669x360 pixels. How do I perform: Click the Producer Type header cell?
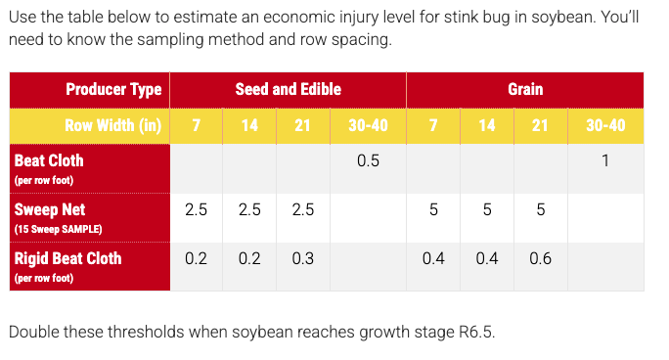tap(113, 90)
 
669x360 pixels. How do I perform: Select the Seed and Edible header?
tap(289, 90)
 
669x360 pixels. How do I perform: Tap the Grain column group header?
tap(525, 90)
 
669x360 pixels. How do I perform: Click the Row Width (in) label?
tap(112, 126)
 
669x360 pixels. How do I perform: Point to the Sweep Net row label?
tap(49, 209)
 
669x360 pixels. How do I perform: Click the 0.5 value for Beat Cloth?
tap(368, 161)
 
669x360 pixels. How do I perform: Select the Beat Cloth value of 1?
tap(605, 161)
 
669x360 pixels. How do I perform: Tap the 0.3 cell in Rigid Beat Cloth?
tap(303, 259)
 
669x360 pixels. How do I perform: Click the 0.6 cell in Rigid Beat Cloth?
tap(540, 259)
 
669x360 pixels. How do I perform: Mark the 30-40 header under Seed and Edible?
tap(368, 126)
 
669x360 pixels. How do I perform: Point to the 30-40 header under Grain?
tap(605, 126)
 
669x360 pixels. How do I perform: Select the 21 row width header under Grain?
tap(540, 126)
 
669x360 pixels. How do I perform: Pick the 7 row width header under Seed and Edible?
tap(197, 126)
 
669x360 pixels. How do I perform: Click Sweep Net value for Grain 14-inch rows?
tap(486, 210)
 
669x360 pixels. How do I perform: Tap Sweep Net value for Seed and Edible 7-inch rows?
tap(197, 210)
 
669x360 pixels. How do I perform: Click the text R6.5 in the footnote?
tap(472, 332)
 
